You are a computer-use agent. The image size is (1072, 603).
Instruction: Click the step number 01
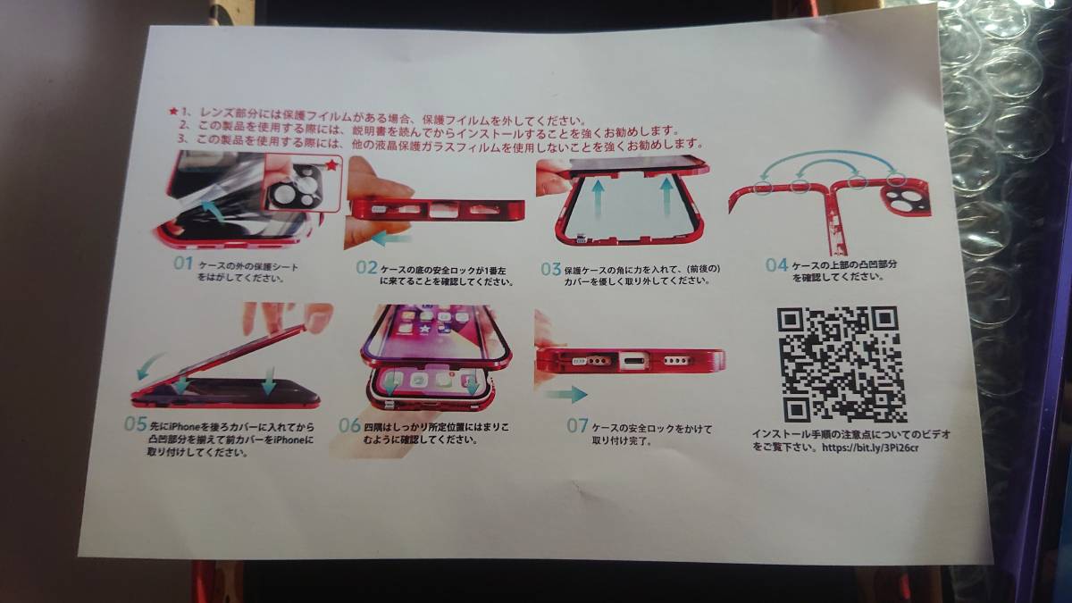click(182, 264)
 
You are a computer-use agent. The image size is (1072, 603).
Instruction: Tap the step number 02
click(367, 267)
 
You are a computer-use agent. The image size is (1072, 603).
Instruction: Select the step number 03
click(550, 267)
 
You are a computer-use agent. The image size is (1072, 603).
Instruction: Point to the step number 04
click(776, 264)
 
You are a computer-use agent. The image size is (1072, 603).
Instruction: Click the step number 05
click(136, 423)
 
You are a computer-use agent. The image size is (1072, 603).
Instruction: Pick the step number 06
click(349, 425)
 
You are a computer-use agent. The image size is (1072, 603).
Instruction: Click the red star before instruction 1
click(173, 112)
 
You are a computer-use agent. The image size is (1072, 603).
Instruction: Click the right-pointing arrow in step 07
click(565, 394)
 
